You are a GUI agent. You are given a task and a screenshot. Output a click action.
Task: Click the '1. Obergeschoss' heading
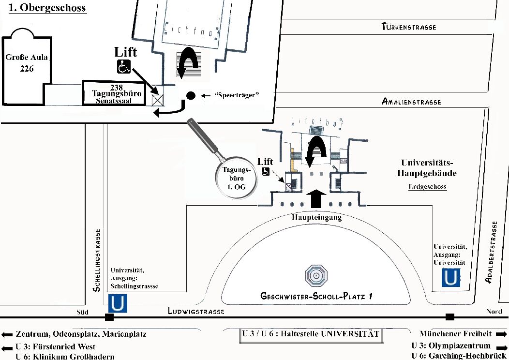(47, 8)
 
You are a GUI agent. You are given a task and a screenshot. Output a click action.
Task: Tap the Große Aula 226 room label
(27, 63)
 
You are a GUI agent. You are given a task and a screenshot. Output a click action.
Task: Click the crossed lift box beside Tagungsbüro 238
(157, 101)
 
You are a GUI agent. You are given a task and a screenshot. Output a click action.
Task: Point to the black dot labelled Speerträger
(191, 96)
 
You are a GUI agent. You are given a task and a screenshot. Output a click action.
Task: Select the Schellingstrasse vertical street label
(97, 260)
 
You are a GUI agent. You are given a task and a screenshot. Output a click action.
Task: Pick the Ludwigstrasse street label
(196, 312)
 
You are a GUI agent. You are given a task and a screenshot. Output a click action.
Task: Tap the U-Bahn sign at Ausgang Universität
(450, 277)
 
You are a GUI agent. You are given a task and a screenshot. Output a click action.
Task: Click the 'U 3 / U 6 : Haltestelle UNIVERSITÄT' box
(310, 334)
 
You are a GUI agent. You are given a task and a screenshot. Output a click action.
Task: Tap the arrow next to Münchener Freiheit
(501, 334)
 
